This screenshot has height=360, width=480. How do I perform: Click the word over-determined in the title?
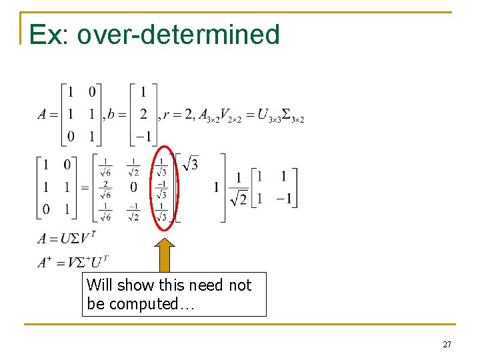coord(178,34)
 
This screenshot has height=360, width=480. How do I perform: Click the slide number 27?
coord(447,345)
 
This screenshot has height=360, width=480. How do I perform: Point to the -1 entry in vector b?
coord(143,137)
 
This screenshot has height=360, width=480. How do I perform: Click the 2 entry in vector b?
coord(143,115)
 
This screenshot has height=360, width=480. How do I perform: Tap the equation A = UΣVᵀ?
coord(67,239)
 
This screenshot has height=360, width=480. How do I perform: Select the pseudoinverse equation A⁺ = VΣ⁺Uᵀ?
coord(73,262)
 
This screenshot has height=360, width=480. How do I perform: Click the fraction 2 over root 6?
coord(105,188)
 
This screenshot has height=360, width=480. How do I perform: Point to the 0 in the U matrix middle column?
coord(133,187)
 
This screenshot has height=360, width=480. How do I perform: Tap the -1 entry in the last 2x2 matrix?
coord(283,199)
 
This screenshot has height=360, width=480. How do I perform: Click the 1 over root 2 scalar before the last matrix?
coord(238,189)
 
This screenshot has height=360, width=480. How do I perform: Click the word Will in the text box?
coord(99,285)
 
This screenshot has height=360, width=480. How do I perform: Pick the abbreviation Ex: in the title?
coord(49,34)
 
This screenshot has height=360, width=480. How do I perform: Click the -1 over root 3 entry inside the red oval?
coord(161,188)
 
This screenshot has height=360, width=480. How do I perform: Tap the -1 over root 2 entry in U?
coord(133,211)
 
